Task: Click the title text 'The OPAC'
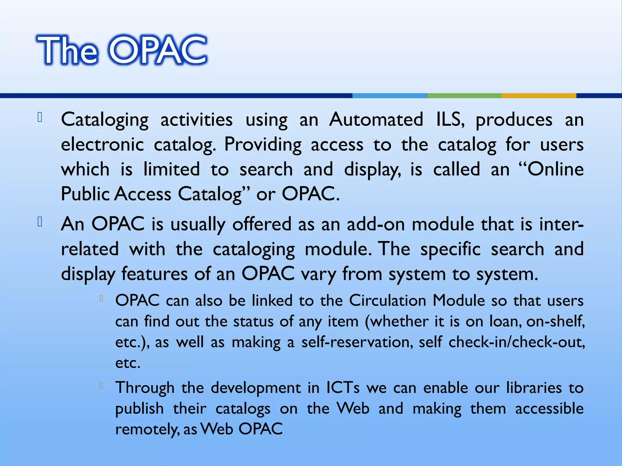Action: tap(121, 50)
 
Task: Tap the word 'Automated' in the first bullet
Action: tap(376, 119)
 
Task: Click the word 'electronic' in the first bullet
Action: tap(102, 144)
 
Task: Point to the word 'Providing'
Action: tap(263, 145)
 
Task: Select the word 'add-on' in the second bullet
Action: tap(376, 224)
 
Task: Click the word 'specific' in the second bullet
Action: tap(450, 249)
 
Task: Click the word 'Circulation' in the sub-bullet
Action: tap(388, 300)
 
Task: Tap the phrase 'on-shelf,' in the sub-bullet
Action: tap(555, 321)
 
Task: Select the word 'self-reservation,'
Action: tap(357, 342)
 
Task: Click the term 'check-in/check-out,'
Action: tap(517, 342)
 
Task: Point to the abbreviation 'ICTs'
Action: tap(343, 387)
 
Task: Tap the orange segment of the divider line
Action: tap(539, 96)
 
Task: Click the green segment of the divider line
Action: tap(464, 96)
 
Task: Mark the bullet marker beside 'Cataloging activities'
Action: tap(39, 117)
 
